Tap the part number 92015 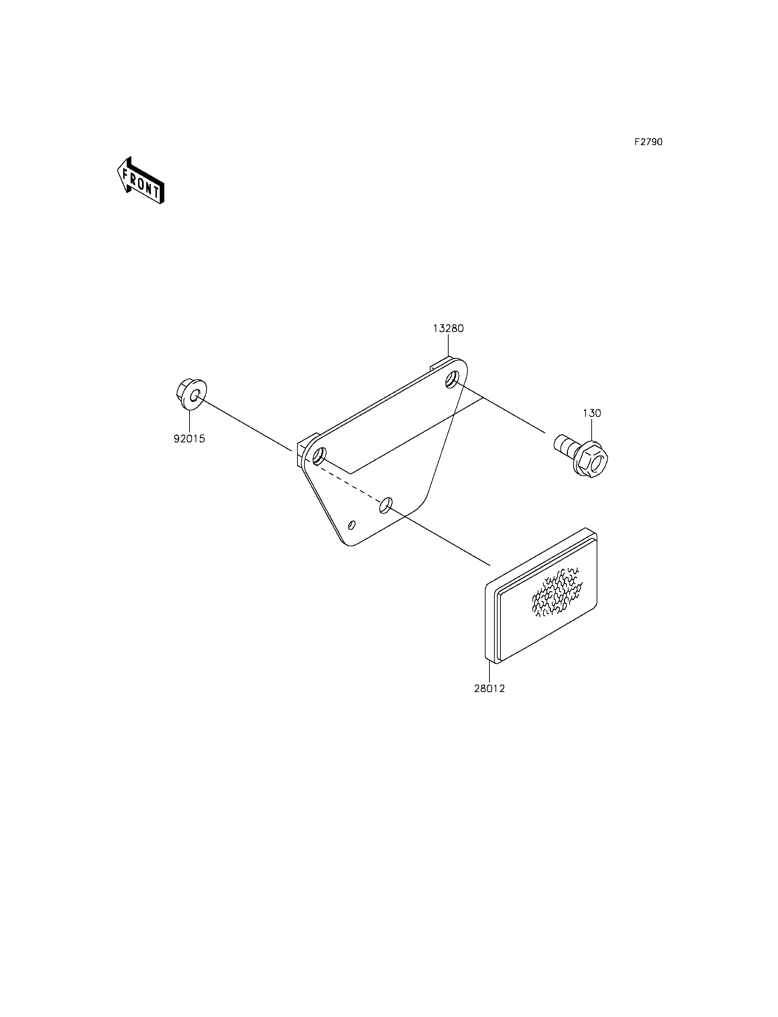[190, 438]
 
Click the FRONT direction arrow [140, 181]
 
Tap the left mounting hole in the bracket [319, 456]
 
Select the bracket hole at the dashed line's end [386, 505]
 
